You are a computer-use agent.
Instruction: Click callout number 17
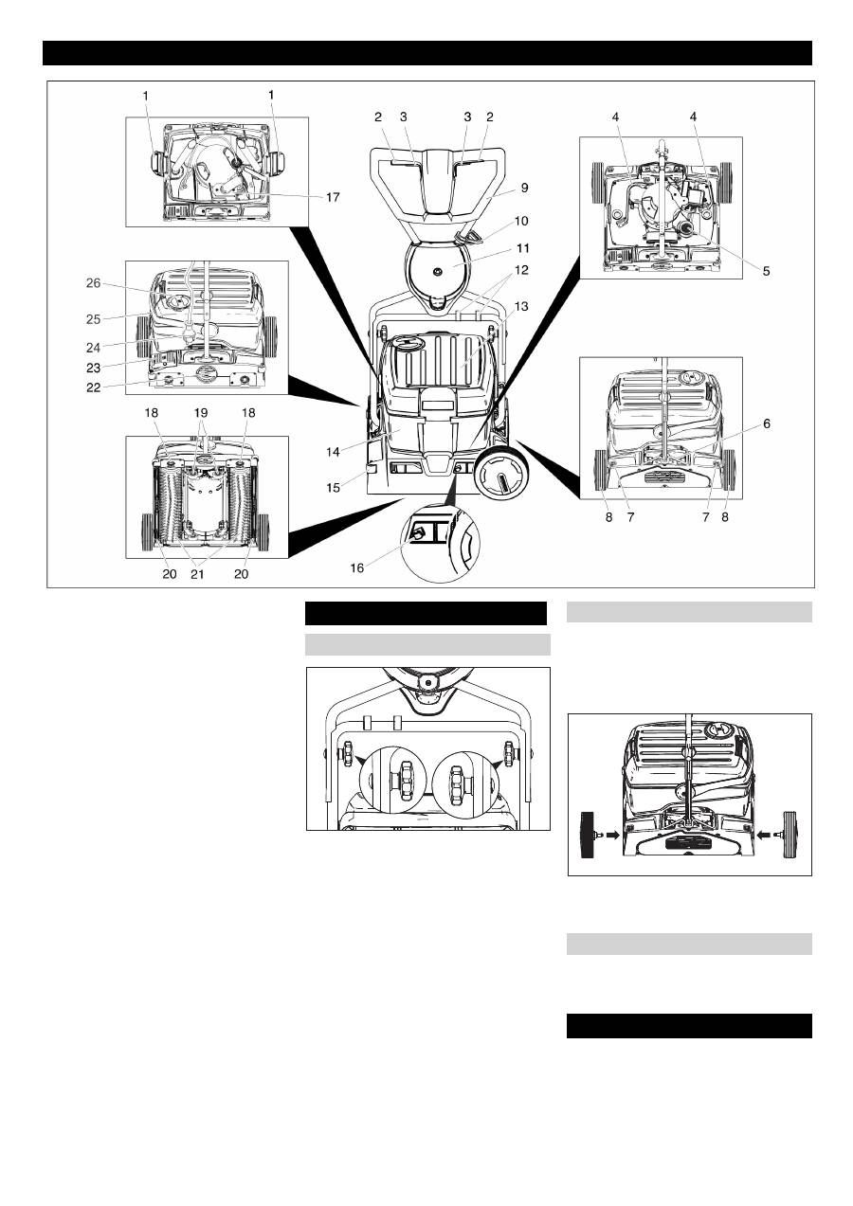333,197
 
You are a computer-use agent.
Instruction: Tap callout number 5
767,271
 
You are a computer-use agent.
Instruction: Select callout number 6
767,423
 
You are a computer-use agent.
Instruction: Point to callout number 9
524,188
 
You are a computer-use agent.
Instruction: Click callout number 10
521,221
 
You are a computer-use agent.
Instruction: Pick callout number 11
523,248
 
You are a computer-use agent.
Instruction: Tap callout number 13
521,306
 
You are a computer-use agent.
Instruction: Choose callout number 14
333,452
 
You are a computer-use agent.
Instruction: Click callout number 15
333,487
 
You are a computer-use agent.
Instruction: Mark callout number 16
357,567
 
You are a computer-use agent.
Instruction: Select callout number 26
93,282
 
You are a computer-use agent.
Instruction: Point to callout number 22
93,387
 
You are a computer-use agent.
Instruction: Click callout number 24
93,348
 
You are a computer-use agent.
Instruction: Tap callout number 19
200,413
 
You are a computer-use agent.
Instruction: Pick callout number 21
198,574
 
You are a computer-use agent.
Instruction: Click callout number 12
521,270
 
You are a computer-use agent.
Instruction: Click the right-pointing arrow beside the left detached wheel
612,835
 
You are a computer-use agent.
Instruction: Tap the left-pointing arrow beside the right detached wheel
764,835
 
